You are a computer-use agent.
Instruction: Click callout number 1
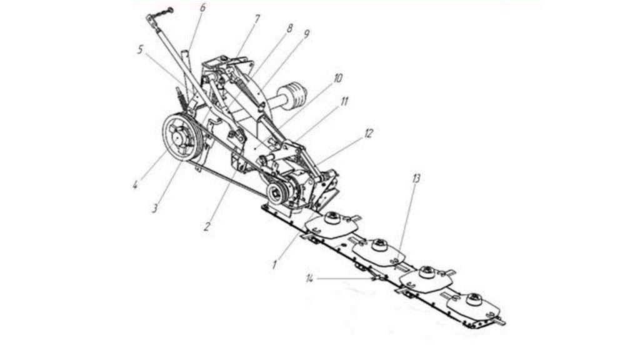click(x=275, y=265)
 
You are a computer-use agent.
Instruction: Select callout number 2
click(x=207, y=226)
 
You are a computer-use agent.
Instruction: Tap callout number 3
click(x=155, y=208)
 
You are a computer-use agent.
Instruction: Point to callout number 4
click(x=135, y=184)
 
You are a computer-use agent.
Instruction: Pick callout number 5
click(x=141, y=50)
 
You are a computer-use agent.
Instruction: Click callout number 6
click(x=203, y=7)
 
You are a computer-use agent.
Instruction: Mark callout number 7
click(x=256, y=19)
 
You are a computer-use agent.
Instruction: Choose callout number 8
click(x=289, y=28)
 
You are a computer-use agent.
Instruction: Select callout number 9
click(x=306, y=34)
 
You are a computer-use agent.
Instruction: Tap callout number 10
click(x=338, y=78)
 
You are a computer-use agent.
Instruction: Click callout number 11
click(x=344, y=101)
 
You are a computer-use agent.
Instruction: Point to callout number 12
click(x=369, y=133)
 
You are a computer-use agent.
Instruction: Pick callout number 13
click(x=416, y=178)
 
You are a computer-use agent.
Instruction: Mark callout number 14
click(x=310, y=279)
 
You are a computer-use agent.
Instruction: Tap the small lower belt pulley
click(x=277, y=191)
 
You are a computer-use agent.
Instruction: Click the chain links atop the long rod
click(x=162, y=13)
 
